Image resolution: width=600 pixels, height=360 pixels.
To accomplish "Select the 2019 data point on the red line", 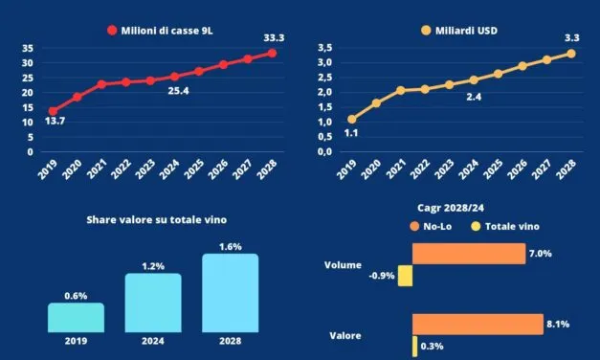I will [x=53, y=111].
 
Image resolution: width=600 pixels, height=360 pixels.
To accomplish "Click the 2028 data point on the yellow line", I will [x=570, y=54].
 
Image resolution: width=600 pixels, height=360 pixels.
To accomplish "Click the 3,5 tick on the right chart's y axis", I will [x=325, y=48].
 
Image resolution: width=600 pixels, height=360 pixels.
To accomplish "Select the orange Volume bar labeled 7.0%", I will [x=468, y=254].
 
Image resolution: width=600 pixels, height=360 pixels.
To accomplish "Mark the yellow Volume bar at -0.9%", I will [x=405, y=276].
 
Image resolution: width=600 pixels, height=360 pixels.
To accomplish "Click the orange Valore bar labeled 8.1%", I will [x=478, y=325].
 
